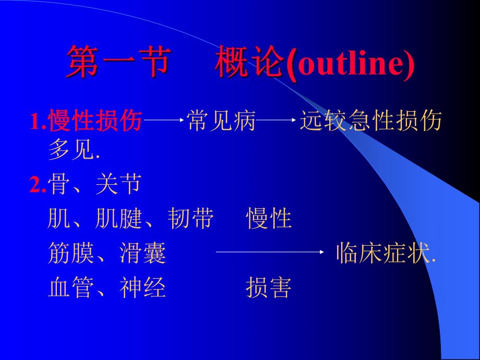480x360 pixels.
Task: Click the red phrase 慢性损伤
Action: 95,122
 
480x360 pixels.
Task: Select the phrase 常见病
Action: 221,122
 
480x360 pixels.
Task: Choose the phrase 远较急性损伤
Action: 370,122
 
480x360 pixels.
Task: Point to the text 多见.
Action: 73,151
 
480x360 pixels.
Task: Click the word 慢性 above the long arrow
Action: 269,220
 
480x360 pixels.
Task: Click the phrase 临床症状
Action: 385,254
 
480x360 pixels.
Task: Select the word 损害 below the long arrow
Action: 269,287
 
